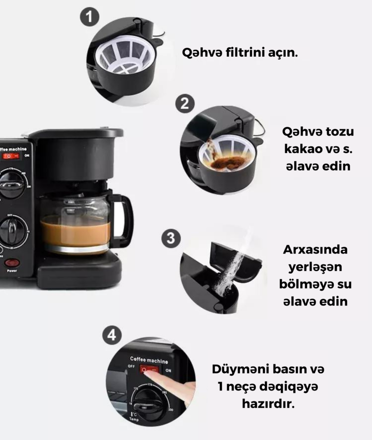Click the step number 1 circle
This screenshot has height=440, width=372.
90,17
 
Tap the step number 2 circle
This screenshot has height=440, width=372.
185,104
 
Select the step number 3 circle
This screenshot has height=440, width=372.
171,238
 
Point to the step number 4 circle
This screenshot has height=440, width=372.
112,335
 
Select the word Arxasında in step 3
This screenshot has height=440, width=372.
315,250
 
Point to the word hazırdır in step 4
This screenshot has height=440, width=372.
268,404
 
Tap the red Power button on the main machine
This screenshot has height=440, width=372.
12,263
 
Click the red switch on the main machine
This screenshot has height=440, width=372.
11,156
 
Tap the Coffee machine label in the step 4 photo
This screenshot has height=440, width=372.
149,360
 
